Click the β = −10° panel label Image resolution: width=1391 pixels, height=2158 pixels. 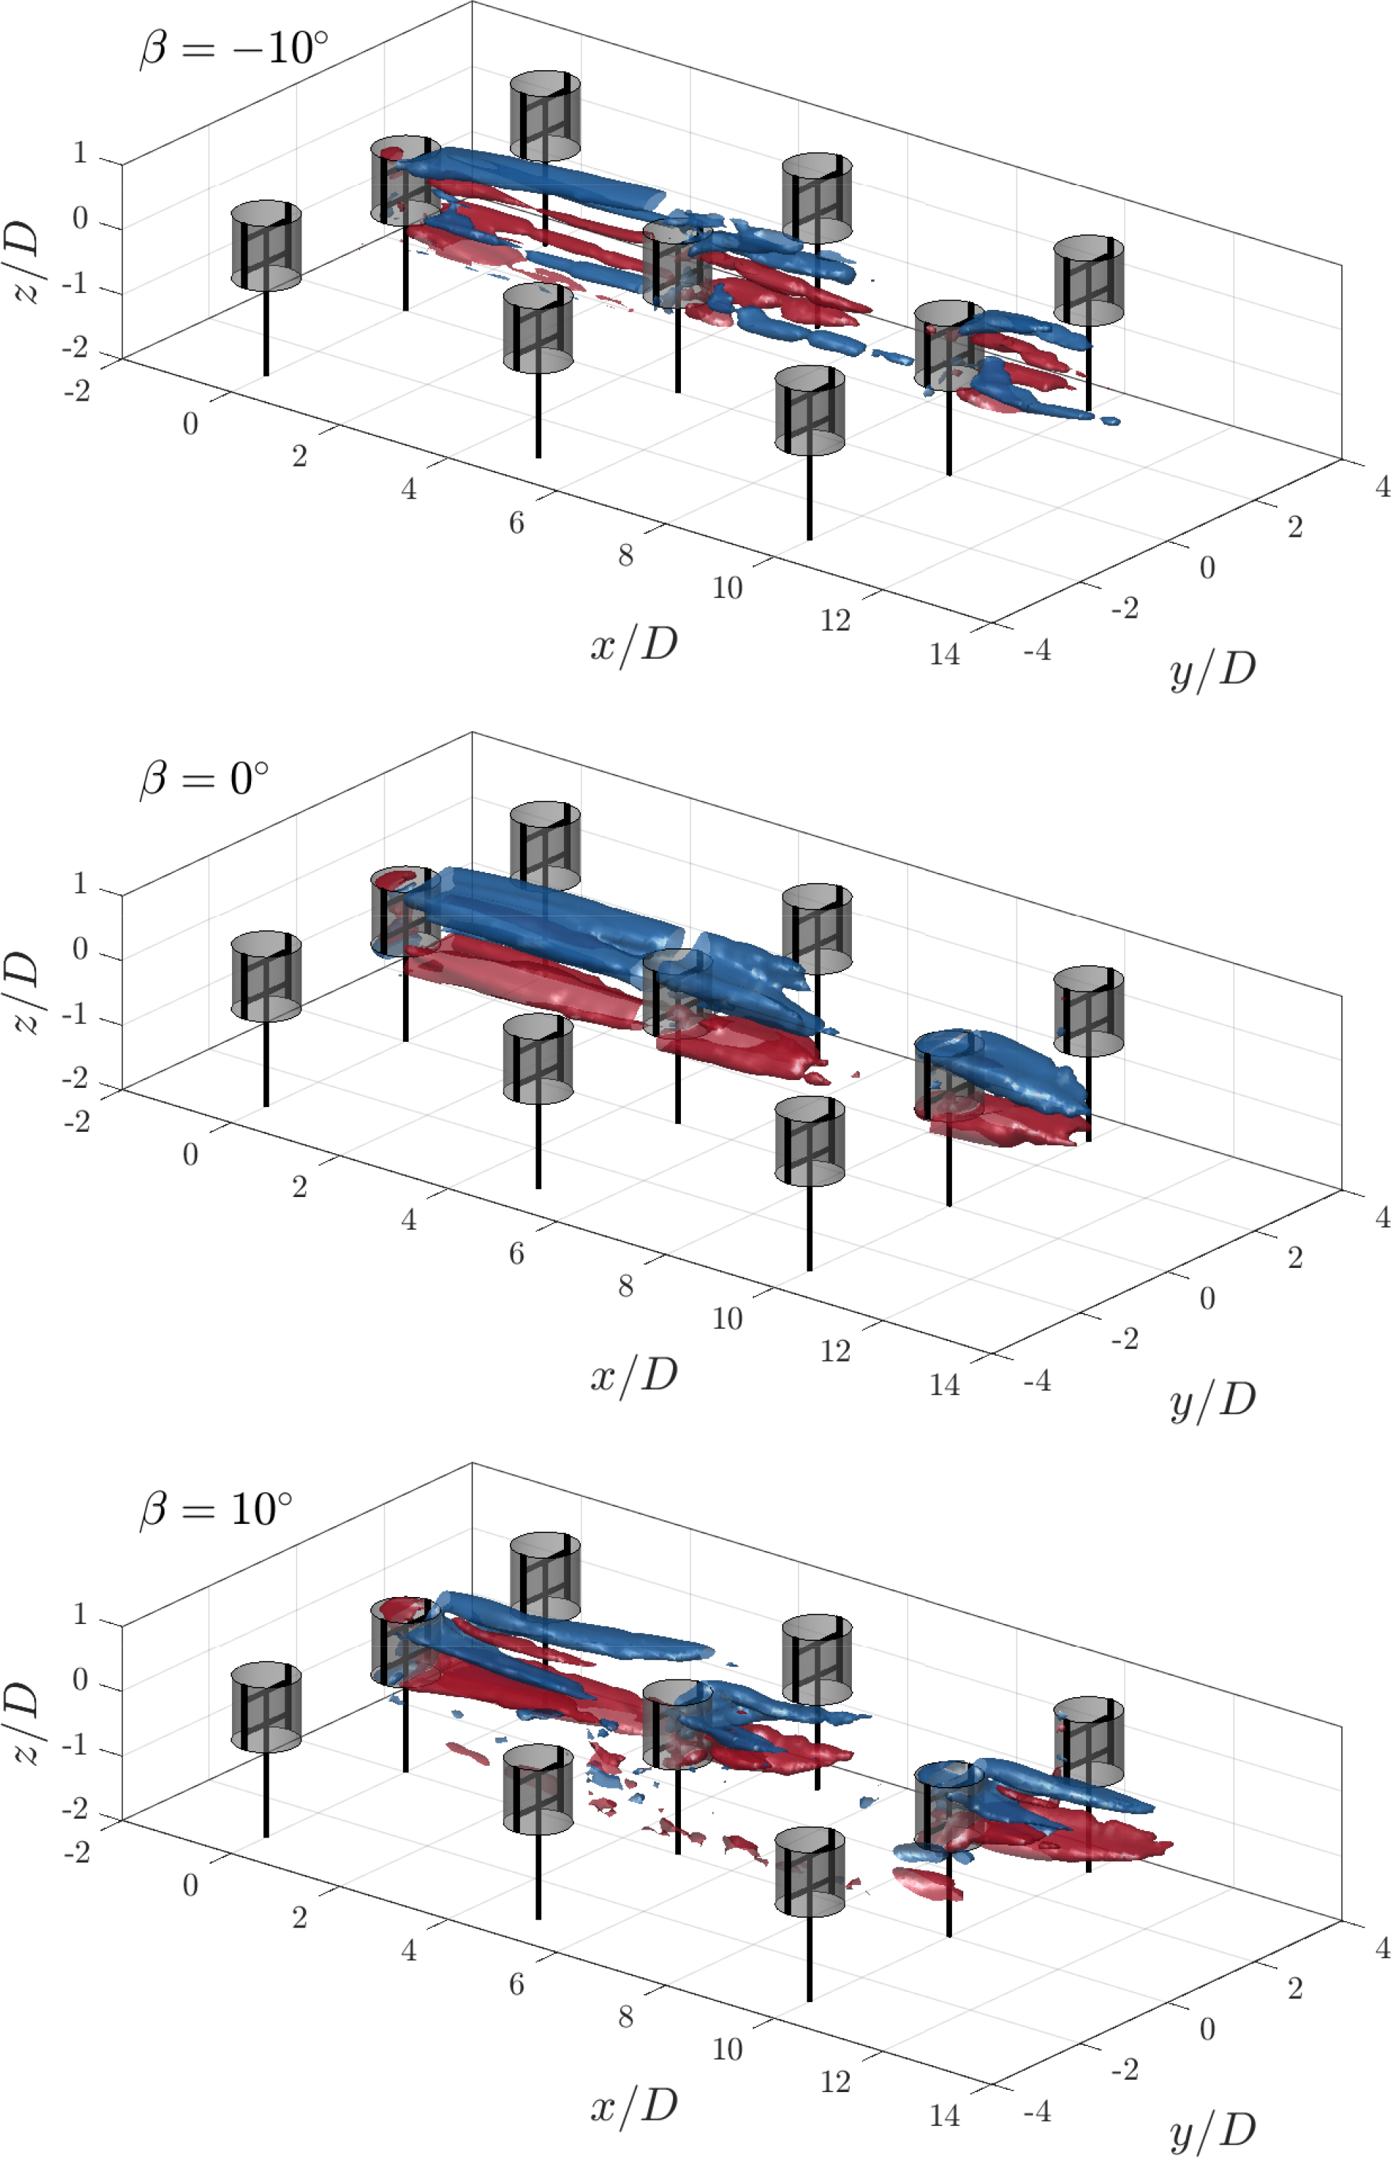[234, 47]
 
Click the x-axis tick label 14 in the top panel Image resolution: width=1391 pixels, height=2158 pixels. [945, 654]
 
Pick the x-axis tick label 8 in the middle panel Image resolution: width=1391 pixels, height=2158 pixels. [625, 1286]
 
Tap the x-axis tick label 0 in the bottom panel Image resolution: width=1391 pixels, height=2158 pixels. [189, 1885]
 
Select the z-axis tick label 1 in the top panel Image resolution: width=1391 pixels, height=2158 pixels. [80, 153]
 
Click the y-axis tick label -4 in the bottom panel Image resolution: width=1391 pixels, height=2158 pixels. [1037, 2111]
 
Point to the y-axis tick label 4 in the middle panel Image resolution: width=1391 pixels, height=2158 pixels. [1382, 1217]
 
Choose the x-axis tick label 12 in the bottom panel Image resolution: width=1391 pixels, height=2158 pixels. [836, 2082]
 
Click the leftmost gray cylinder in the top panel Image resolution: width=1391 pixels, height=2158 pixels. [267, 245]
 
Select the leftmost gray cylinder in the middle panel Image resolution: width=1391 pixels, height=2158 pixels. [267, 976]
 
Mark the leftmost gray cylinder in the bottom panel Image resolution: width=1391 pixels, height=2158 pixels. [267, 1706]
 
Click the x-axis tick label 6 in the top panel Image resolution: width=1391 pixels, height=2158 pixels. [516, 522]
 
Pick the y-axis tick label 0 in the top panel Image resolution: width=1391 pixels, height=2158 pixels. [1207, 568]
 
